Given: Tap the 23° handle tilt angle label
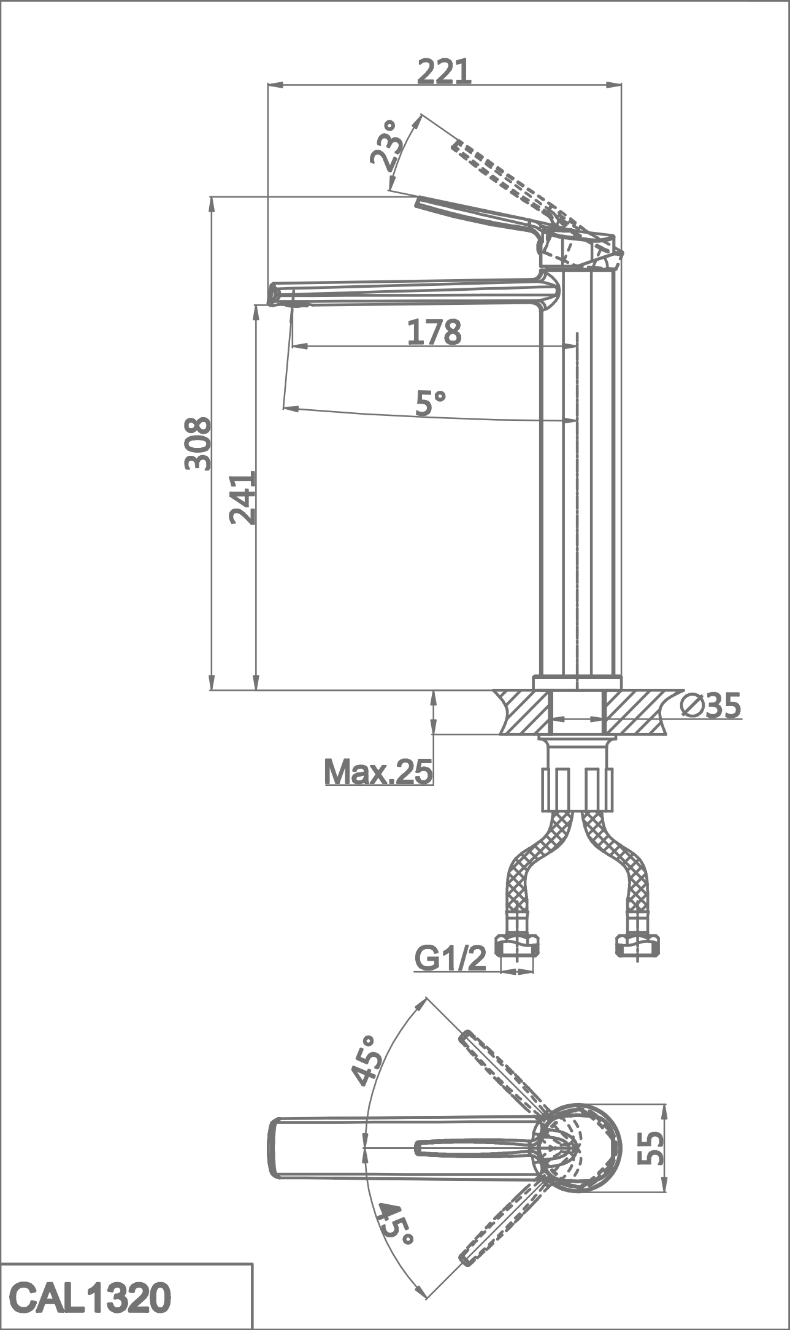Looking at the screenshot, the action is coord(386,145).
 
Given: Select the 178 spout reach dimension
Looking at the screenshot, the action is coord(434,332).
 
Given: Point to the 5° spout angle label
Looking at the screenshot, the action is coord(431,403).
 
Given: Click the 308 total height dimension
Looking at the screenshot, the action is coord(197,444).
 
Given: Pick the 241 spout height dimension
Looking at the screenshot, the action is coord(242,498).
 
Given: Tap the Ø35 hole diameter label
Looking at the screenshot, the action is coord(711,706).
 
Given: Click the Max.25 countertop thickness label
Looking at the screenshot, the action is coord(378,771).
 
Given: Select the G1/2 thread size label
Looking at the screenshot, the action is coord(451,958).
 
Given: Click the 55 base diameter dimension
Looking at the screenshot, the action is coord(651,1148).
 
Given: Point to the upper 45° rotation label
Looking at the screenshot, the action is coord(366,1061).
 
